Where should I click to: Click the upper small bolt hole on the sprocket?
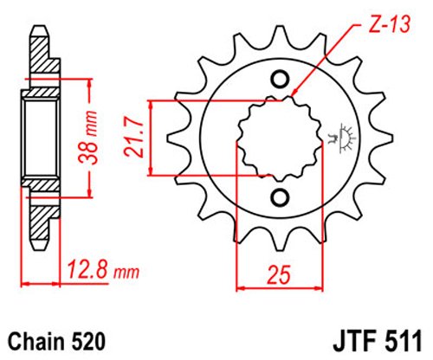click(x=279, y=80)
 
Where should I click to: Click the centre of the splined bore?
click(x=279, y=138)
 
